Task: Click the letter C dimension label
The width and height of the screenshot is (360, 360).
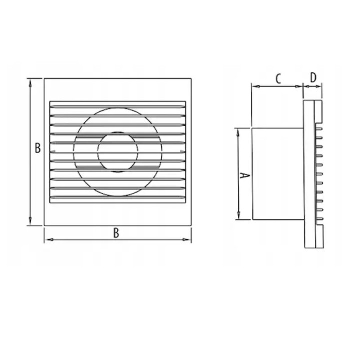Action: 278,79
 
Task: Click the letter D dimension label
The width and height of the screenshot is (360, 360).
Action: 313,77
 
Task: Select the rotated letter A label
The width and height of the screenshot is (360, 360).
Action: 244,176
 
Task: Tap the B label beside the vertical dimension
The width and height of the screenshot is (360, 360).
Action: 38,148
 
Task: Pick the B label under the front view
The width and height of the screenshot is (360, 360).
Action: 116,233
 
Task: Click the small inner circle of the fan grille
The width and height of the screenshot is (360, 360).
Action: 118,152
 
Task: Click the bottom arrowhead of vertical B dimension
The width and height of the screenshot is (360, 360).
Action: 30,221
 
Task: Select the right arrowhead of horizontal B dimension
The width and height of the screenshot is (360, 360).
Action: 187,240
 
